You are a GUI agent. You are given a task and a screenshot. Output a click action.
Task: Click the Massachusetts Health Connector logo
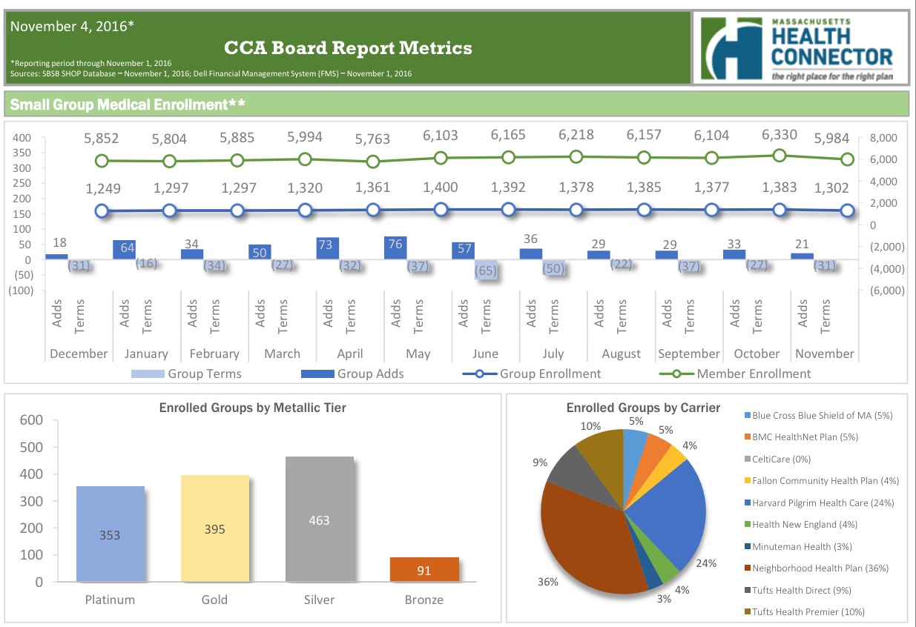[800, 46]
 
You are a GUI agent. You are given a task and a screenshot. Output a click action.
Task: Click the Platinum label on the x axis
[110, 600]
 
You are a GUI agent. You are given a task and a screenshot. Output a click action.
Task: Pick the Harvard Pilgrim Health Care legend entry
[822, 502]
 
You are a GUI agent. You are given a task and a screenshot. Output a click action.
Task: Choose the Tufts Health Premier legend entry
[808, 611]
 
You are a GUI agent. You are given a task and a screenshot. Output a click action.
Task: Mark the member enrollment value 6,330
[779, 135]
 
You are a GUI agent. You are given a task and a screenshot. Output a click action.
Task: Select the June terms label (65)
[486, 271]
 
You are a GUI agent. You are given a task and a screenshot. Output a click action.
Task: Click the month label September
[689, 354]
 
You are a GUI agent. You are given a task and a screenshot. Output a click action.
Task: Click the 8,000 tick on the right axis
[882, 138]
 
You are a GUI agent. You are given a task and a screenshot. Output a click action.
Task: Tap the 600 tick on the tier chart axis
[32, 420]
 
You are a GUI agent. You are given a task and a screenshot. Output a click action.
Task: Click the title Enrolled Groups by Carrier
[643, 408]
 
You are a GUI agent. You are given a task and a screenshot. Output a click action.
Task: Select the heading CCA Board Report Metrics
[348, 49]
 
